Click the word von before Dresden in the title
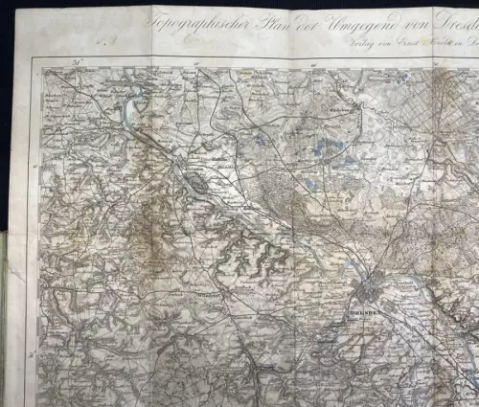click(x=401, y=21)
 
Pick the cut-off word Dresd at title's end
click(x=450, y=21)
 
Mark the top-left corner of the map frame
click(x=32, y=59)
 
